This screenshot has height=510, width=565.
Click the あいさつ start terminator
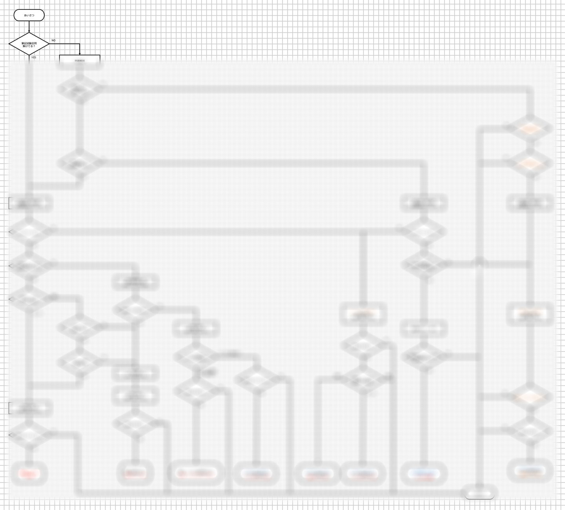[29, 15]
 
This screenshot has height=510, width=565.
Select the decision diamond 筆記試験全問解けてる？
[29, 44]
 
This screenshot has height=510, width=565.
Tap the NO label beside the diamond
[53, 40]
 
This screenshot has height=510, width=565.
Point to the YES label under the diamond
[34, 58]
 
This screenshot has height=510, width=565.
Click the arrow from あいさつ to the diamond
[29, 26]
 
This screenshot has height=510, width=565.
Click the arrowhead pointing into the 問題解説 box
[80, 53]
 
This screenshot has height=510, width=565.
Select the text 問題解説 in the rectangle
[80, 60]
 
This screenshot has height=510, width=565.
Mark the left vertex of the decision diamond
[9, 44]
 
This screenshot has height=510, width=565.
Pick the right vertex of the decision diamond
[49, 44]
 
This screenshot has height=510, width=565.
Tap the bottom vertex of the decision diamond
[29, 55]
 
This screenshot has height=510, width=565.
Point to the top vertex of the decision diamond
[29, 33]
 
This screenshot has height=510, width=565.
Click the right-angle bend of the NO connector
[80, 44]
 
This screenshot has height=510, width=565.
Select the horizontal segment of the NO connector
[65, 44]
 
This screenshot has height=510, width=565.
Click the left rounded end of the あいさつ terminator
[15, 15]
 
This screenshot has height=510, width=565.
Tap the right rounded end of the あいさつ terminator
[43, 15]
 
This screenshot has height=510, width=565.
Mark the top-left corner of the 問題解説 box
[60, 55]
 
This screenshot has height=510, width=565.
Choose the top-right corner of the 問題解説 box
[100, 55]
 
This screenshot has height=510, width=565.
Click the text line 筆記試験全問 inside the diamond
[29, 43]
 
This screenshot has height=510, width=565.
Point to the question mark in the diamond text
[34, 46]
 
